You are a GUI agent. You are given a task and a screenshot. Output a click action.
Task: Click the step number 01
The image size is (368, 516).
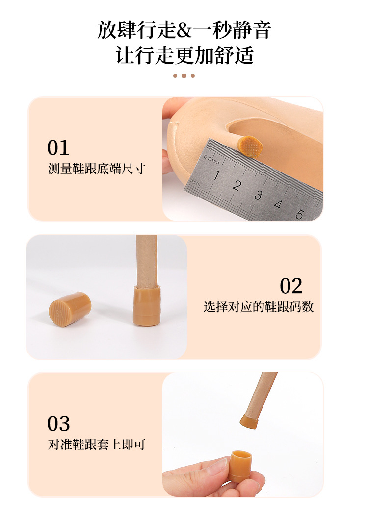[58, 147]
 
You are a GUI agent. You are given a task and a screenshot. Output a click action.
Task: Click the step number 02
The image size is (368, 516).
[291, 286]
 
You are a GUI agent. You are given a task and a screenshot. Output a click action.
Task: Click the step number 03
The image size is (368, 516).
[58, 423]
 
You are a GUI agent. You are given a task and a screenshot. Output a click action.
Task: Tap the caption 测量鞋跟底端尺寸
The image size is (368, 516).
[97, 169]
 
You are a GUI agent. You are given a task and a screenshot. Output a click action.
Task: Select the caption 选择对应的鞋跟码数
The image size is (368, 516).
[258, 307]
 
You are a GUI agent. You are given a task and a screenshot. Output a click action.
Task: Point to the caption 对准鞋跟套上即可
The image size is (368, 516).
[97, 444]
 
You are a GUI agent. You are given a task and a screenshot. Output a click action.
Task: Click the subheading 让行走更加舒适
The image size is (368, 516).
[184, 55]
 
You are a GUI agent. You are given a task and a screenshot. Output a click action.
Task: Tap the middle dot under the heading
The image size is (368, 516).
[184, 76]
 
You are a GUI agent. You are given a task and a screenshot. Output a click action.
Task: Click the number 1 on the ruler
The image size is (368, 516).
[216, 175]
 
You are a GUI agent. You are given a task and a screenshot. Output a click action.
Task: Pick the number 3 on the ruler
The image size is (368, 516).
[258, 195]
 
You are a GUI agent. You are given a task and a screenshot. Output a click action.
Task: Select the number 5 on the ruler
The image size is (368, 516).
[299, 214]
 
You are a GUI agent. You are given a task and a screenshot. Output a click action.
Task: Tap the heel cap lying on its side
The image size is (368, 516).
[70, 309]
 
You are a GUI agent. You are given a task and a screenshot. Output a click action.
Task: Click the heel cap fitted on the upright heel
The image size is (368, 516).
[147, 306]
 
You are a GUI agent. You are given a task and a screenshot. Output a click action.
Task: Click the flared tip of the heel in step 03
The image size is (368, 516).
[250, 422]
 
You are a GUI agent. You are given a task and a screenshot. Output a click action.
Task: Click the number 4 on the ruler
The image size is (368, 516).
[278, 205]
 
